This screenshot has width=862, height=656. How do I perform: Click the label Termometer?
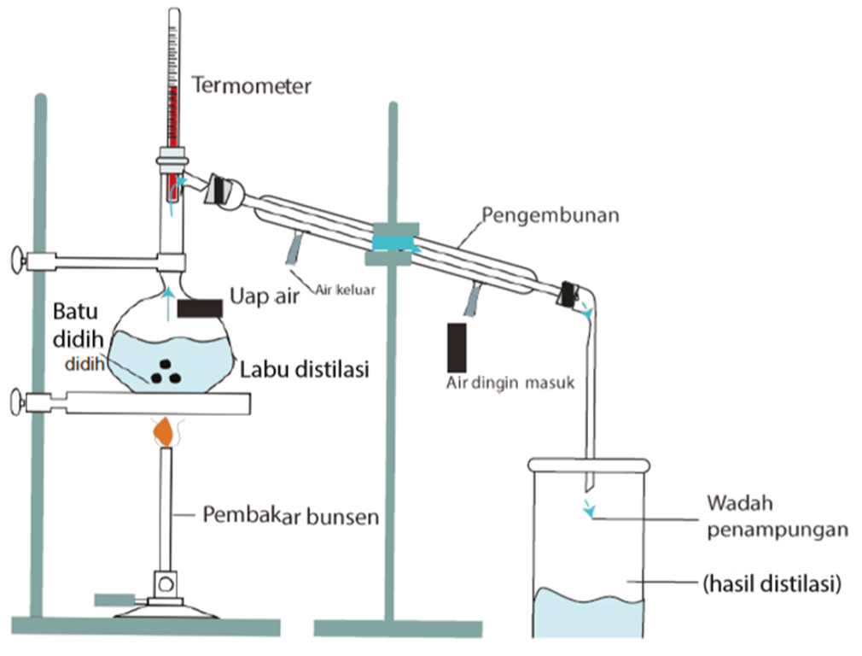[252, 85]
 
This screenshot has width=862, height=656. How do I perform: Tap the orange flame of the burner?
[163, 432]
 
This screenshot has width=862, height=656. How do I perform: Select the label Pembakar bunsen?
[290, 516]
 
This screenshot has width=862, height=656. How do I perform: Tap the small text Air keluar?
[346, 289]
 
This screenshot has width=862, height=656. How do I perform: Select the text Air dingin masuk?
[510, 384]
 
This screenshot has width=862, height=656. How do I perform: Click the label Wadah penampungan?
[777, 515]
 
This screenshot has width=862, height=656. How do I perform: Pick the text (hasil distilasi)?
[772, 585]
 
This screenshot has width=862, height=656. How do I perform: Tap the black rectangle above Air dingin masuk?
[457, 345]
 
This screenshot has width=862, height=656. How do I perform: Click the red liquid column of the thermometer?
[173, 128]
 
